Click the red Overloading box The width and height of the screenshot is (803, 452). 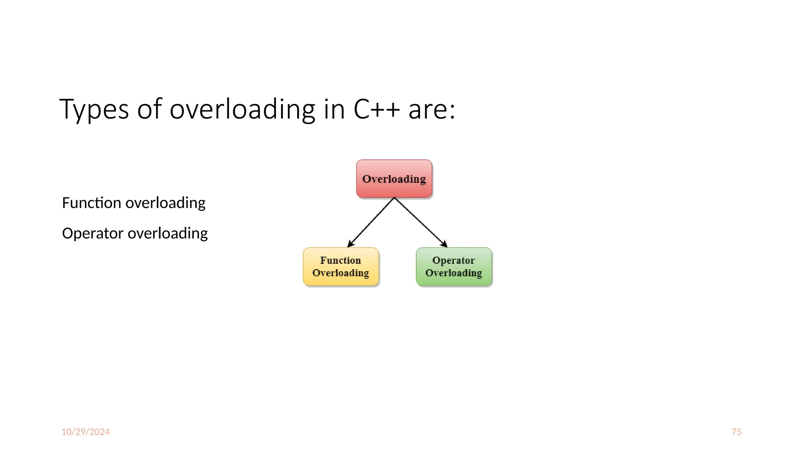[x=394, y=179]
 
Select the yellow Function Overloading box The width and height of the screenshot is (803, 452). [x=341, y=266]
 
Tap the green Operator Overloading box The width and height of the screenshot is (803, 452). [x=454, y=266]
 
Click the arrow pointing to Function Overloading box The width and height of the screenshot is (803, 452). [x=370, y=223]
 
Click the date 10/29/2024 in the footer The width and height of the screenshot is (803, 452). [x=85, y=432]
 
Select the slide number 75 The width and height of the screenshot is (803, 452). [x=736, y=432]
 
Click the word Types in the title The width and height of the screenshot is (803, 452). [x=94, y=109]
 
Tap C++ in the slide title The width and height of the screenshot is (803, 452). [x=377, y=109]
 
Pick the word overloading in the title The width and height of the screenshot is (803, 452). [x=242, y=109]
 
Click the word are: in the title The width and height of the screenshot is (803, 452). [x=432, y=109]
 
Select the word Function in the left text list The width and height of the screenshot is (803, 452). [x=91, y=203]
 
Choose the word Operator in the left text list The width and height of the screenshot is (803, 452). [x=93, y=233]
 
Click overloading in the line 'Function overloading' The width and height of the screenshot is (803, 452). [x=165, y=203]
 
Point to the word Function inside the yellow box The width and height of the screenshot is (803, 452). [x=340, y=260]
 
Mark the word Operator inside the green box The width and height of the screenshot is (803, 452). [x=454, y=260]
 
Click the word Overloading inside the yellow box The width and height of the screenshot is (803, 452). [x=341, y=273]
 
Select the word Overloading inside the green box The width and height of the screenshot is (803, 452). [x=454, y=273]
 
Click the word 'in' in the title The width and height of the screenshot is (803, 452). [x=334, y=109]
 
